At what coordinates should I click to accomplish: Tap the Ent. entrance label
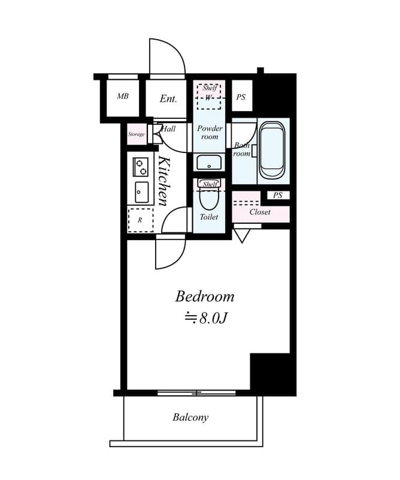point(168,98)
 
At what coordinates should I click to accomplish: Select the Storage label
point(137,134)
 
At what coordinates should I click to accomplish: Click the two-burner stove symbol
point(141,166)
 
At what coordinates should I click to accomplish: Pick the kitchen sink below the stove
point(141,193)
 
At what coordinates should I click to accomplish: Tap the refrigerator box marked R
point(141,220)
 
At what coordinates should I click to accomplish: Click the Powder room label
point(210,133)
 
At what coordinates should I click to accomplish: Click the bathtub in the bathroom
point(272,149)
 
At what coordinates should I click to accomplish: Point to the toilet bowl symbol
point(209,197)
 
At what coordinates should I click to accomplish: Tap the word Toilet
point(209,217)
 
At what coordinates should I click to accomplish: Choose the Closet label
point(260,212)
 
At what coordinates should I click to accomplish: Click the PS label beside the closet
point(278,195)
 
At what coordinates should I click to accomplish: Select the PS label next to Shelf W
point(241,97)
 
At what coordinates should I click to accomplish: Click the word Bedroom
point(204,296)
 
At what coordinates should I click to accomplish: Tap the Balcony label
point(190,418)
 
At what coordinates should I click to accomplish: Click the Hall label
point(168,128)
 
